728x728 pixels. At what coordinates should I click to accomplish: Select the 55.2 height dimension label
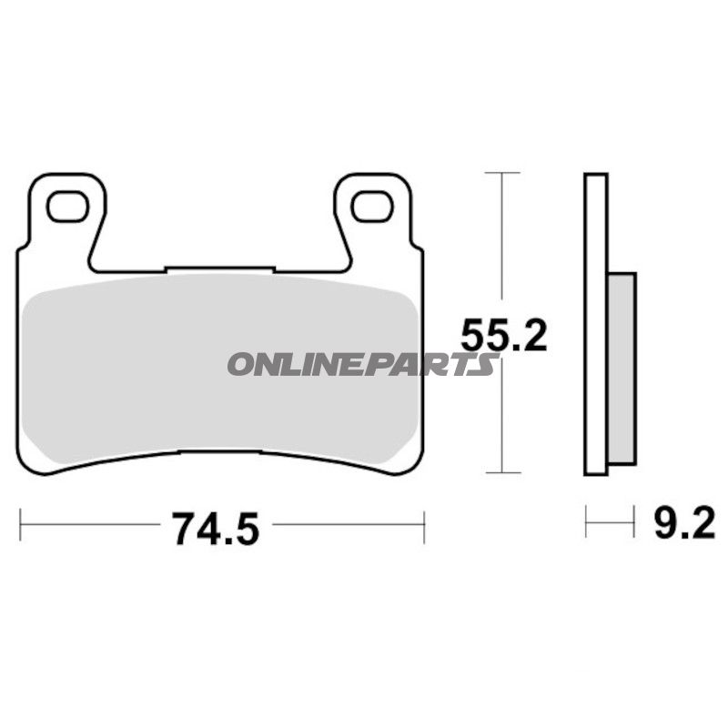click(x=503, y=337)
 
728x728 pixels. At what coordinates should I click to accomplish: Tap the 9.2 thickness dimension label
click(x=684, y=524)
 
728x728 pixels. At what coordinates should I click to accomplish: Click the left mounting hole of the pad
click(x=67, y=207)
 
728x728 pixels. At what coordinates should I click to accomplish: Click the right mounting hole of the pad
click(x=372, y=207)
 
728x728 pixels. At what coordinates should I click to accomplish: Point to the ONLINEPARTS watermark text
click(x=362, y=365)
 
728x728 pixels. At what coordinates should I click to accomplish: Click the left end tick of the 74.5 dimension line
click(x=20, y=526)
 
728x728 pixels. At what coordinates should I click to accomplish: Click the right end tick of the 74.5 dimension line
click(x=424, y=526)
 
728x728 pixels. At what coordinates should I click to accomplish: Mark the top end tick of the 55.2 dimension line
click(x=501, y=172)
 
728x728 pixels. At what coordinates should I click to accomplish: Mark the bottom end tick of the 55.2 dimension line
click(x=501, y=473)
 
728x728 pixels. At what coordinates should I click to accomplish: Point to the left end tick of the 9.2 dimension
click(x=586, y=523)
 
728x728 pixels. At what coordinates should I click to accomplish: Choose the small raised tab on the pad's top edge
click(x=218, y=268)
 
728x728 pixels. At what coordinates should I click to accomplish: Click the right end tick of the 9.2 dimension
click(x=634, y=523)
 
